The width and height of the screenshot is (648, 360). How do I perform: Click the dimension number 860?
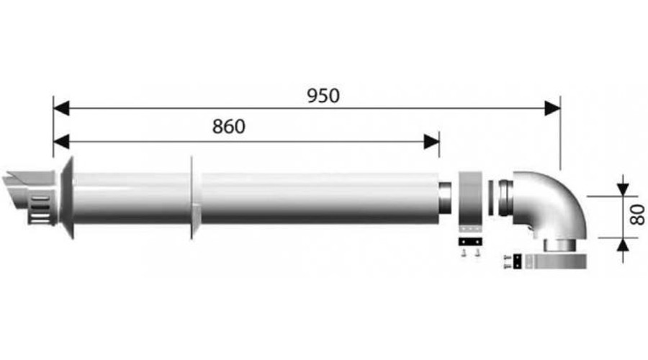pos(228,126)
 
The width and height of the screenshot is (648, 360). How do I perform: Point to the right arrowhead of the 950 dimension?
pos(552,108)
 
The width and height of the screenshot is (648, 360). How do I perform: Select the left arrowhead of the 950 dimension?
pos(61,108)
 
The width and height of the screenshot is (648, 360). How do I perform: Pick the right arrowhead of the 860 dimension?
pos(432,140)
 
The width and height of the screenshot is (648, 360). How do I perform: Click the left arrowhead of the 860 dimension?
pos(61,140)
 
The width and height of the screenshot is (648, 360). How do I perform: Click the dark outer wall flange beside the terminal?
pos(68,198)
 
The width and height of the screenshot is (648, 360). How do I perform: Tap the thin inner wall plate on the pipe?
pos(192,198)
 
